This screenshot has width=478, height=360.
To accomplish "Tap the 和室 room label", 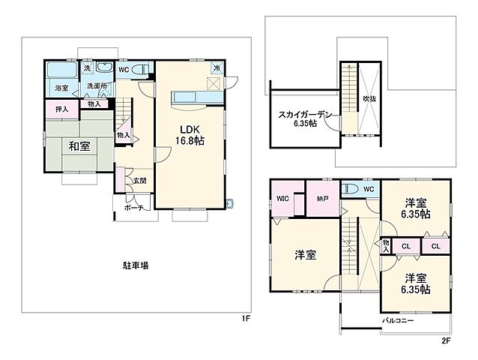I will tap(79, 146).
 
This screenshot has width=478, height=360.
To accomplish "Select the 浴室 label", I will tap(61, 88).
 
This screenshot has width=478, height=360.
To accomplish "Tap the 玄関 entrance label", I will tap(139, 181).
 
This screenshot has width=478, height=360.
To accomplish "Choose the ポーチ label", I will tap(134, 208).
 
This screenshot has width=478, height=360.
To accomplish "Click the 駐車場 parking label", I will tap(136, 265).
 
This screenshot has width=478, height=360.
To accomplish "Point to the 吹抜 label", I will tap(369, 98).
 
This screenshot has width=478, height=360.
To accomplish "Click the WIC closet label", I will tap(282, 199).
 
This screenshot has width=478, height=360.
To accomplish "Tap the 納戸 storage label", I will tap(321, 199).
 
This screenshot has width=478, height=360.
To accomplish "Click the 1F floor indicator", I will tap(245, 319).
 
